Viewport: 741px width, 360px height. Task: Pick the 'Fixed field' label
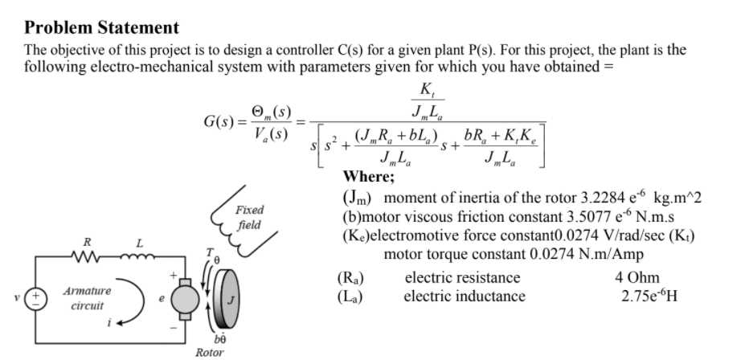pyautogui.click(x=251, y=219)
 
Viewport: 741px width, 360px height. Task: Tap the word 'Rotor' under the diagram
pyautogui.click(x=209, y=351)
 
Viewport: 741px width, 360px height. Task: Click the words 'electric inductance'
pyautogui.click(x=465, y=296)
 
